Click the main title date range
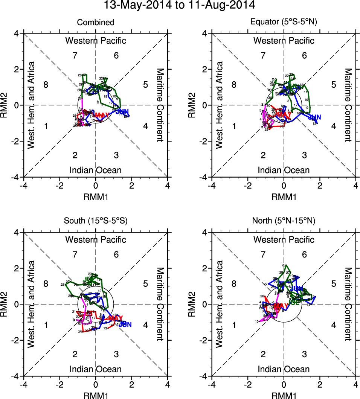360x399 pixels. [x=180, y=5]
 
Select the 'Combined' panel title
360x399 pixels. [x=96, y=23]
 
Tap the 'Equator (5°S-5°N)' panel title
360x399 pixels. [x=284, y=23]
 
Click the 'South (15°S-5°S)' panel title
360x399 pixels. [x=96, y=221]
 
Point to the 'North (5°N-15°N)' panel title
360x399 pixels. [x=284, y=221]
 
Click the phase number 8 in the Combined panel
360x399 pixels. [x=46, y=84]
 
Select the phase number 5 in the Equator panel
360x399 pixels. [x=333, y=84]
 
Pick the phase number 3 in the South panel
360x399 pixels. [x=116, y=354]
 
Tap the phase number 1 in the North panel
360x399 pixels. [x=234, y=325]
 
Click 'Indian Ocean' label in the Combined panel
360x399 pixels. [x=96, y=170]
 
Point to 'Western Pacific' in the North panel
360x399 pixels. [x=284, y=239]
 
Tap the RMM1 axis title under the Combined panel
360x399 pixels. [x=96, y=196]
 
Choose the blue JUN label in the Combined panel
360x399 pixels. [x=122, y=112]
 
